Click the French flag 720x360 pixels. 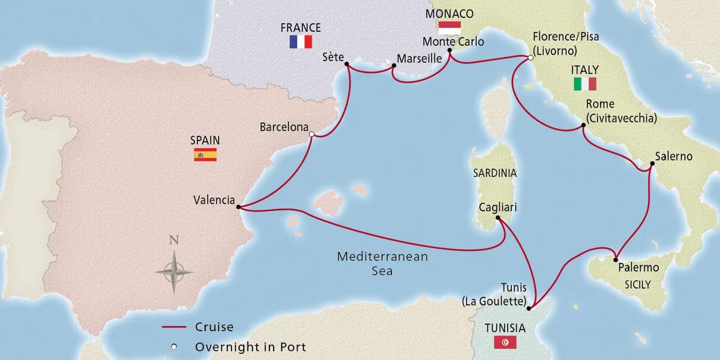click(301, 41)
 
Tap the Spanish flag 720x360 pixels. click(205, 155)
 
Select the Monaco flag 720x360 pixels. click(449, 28)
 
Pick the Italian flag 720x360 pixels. click(585, 84)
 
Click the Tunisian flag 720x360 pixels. click(505, 343)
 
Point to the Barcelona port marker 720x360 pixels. click(311, 135)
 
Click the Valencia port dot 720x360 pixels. click(239, 207)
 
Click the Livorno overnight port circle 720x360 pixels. click(530, 58)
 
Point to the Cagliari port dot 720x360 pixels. click(498, 219)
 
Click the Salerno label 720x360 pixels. click(674, 157)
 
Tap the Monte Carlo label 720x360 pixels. click(453, 41)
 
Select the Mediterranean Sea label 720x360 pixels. click(382, 263)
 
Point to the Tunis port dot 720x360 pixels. click(529, 308)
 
